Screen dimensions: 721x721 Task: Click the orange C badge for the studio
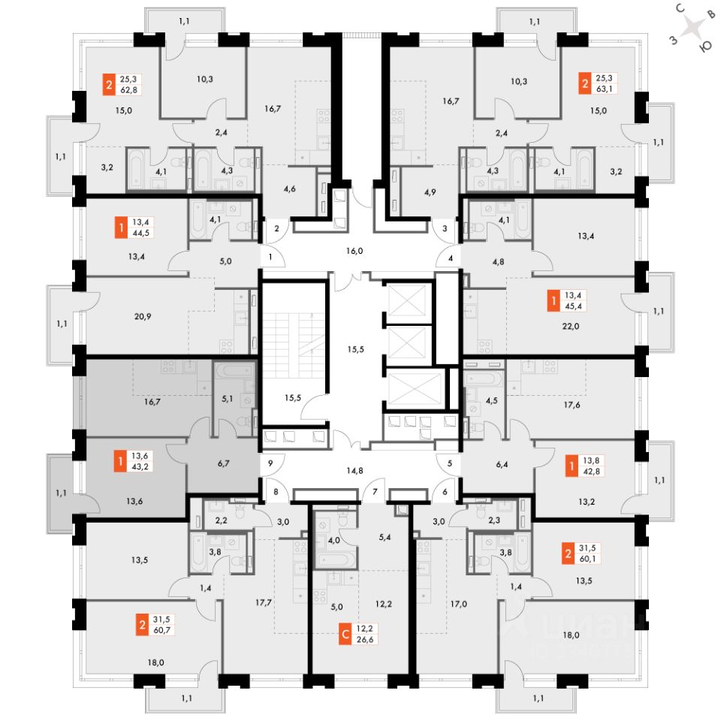click(x=345, y=634)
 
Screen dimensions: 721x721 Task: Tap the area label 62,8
click(x=128, y=90)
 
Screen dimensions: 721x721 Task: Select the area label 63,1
click(x=604, y=89)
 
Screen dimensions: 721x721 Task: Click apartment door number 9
click(x=270, y=463)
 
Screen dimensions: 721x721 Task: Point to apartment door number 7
click(x=376, y=491)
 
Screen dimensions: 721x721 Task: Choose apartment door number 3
click(x=445, y=228)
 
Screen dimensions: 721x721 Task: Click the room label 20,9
click(x=143, y=316)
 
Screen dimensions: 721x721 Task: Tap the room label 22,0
click(x=571, y=326)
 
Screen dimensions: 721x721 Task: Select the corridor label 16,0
click(x=354, y=251)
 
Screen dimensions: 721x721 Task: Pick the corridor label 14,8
click(x=354, y=470)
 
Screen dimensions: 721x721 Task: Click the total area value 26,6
click(x=365, y=640)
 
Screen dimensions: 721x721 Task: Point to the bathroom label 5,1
click(x=228, y=399)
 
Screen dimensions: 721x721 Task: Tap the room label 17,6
click(x=572, y=405)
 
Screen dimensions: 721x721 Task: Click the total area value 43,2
click(x=140, y=466)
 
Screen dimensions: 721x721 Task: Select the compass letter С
click(x=680, y=8)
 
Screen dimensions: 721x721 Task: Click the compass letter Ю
click(x=705, y=47)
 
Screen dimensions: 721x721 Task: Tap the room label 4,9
click(x=430, y=192)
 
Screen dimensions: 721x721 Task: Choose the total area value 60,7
click(x=162, y=630)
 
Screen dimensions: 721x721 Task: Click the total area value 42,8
click(x=591, y=472)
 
